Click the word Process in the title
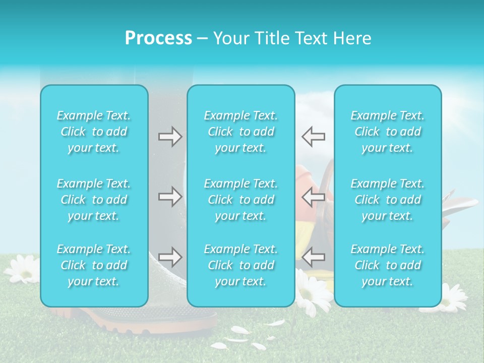(x=158, y=38)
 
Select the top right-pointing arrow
(x=170, y=137)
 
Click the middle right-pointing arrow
(x=170, y=197)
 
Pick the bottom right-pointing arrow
(x=170, y=257)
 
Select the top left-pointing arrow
(x=313, y=137)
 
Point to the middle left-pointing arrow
(x=313, y=197)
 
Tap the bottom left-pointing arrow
(x=313, y=257)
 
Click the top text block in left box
(x=94, y=132)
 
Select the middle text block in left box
(x=94, y=200)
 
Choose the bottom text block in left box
(x=94, y=265)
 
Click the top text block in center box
(x=240, y=132)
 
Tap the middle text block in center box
(x=240, y=200)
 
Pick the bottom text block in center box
(x=240, y=265)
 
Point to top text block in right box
(x=387, y=132)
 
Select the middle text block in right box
(x=387, y=200)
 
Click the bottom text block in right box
(x=387, y=265)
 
